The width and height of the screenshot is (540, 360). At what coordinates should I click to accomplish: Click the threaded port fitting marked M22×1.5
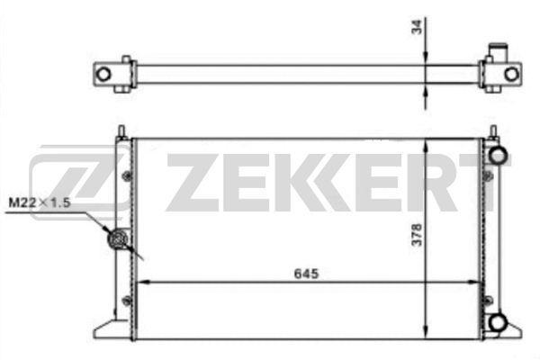116,241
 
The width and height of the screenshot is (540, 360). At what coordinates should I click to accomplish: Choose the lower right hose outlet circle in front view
496,321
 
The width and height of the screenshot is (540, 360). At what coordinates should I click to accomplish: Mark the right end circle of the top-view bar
511,73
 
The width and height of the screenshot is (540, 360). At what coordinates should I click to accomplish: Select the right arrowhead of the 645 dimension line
477,282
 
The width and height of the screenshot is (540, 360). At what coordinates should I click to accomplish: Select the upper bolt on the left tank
127,173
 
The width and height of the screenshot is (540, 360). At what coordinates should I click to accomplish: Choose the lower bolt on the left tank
127,300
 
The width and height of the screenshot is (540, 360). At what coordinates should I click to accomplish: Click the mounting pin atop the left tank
120,131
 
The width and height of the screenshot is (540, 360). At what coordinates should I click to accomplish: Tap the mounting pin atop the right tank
492,131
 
